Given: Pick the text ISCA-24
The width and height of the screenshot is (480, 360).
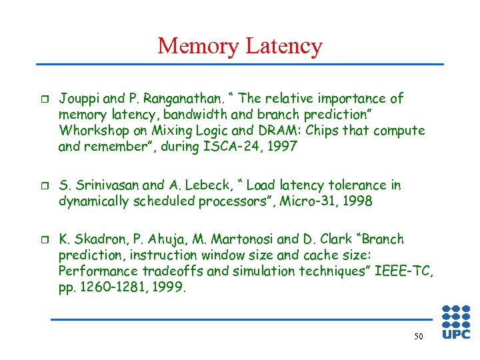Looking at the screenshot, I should point(229,147).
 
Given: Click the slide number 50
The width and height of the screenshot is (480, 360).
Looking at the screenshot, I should point(418,337).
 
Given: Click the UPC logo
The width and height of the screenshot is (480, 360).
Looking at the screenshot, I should point(456,322).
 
